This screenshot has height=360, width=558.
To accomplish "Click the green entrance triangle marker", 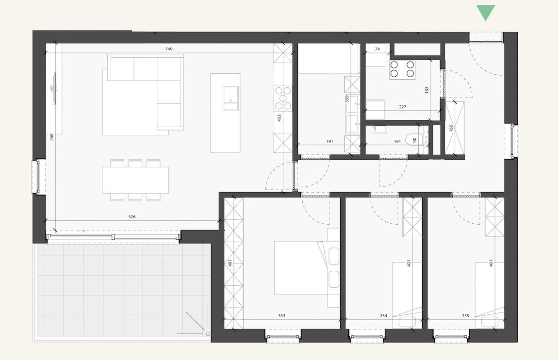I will click(485, 12).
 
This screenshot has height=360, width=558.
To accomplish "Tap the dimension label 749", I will click(169, 49).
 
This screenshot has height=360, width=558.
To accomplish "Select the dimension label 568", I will click(51, 137).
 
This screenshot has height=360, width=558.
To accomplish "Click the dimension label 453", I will click(279, 119).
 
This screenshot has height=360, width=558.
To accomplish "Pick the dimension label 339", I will click(346, 99).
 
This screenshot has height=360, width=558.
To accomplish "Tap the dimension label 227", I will click(402, 107).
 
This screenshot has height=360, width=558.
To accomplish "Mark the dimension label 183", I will click(427, 90).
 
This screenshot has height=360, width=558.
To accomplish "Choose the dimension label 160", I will click(451, 129).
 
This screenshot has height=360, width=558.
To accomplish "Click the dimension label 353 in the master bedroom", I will click(282, 316).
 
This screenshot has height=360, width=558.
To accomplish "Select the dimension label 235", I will click(465, 316).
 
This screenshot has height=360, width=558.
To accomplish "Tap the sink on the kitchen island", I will click(230, 98).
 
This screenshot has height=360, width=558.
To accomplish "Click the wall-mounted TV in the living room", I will click(55, 88).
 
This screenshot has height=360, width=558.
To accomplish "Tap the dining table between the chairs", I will click(135, 180).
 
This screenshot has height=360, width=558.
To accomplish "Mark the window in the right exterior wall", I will click(514, 141).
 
